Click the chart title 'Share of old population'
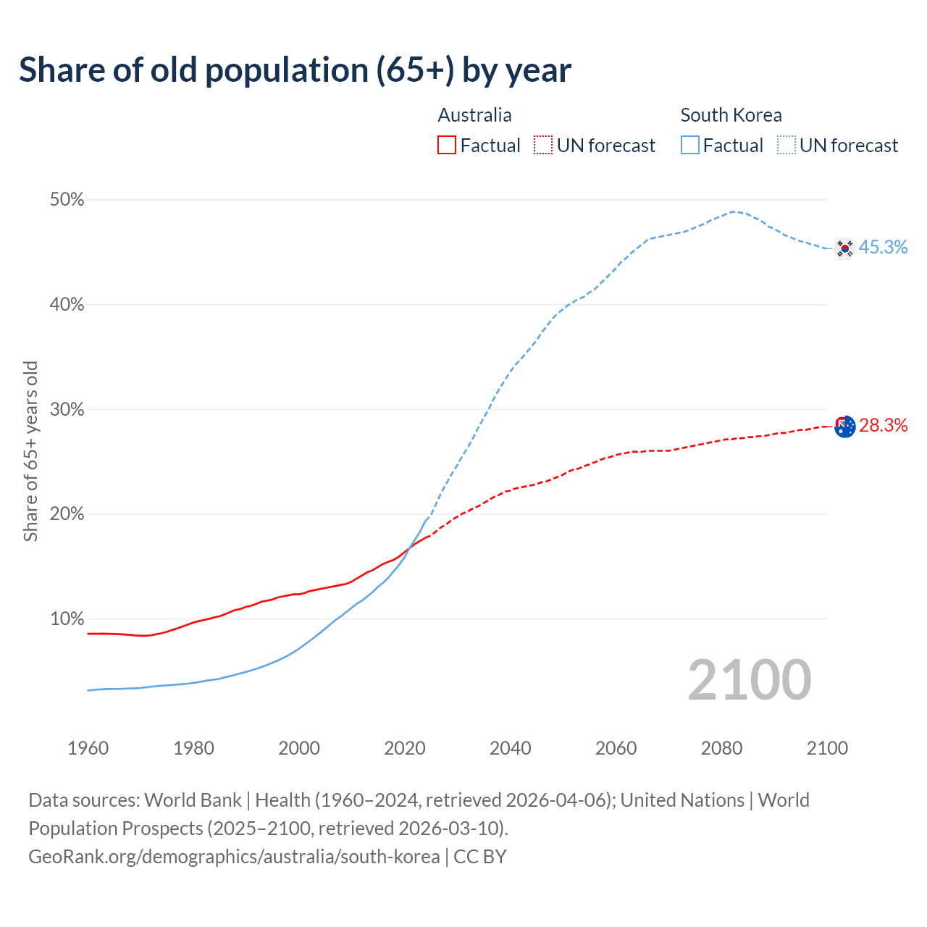295,70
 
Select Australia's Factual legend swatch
447,146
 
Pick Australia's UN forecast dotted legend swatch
543,146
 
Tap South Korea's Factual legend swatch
690,146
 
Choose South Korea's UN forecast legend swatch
787,146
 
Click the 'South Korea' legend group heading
731,115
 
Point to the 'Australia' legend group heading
474,115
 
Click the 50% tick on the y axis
67,200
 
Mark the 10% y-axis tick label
67,619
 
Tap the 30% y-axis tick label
67,410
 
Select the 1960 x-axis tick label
88,748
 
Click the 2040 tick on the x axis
511,748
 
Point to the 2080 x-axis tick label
721,748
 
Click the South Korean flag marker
844,248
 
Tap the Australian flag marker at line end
845,427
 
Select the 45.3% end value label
883,248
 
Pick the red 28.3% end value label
883,426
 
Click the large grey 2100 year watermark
750,680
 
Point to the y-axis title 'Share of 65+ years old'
30,450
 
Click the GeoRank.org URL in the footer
234,857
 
